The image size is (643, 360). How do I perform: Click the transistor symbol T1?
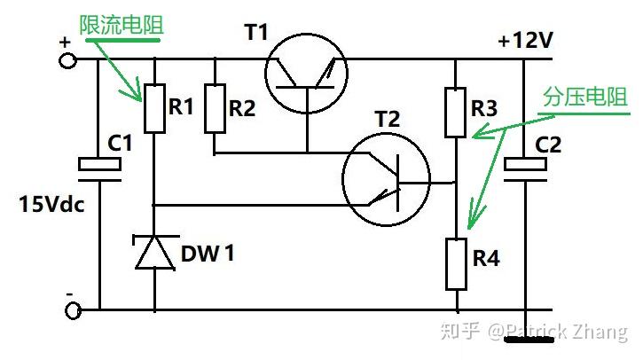coord(307,74)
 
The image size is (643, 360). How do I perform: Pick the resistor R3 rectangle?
coord(455,112)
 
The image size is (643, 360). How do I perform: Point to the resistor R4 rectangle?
coord(456,264)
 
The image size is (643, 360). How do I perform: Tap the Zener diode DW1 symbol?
coord(155,251)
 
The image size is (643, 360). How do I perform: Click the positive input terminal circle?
coord(67,60)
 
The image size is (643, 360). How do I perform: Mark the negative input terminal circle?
coord(73,310)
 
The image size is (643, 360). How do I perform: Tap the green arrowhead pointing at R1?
coord(137,92)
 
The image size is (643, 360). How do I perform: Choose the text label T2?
coord(388,119)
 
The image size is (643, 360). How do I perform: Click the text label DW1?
coord(208,253)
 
